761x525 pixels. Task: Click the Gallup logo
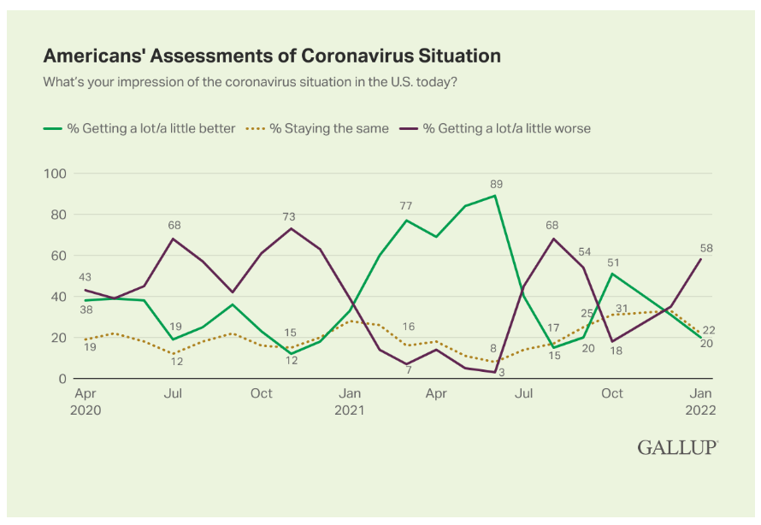click(x=677, y=447)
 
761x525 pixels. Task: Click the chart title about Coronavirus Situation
click(x=272, y=56)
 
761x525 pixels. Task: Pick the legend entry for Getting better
click(x=139, y=128)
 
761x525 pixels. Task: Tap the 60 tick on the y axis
click(x=59, y=256)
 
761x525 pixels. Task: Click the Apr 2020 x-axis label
click(x=85, y=401)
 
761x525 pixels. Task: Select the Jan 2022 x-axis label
click(x=700, y=401)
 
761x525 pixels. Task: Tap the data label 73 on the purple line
click(x=289, y=216)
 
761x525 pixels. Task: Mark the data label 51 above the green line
click(x=611, y=262)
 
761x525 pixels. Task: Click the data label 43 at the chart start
click(x=85, y=277)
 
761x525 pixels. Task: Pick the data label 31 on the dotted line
click(x=622, y=308)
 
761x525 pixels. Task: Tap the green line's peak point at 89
click(x=495, y=196)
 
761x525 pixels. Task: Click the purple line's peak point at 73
click(x=290, y=228)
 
